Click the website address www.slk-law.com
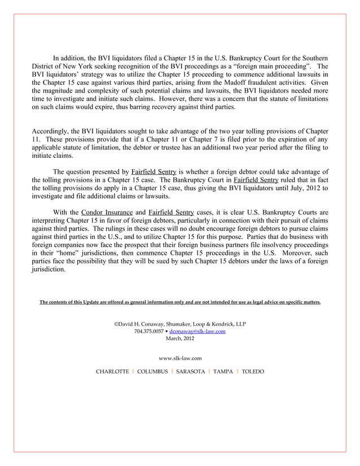(x=180, y=358)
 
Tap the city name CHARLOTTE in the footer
(x=112, y=371)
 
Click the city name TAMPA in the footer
(x=223, y=371)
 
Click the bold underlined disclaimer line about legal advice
(x=180, y=302)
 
